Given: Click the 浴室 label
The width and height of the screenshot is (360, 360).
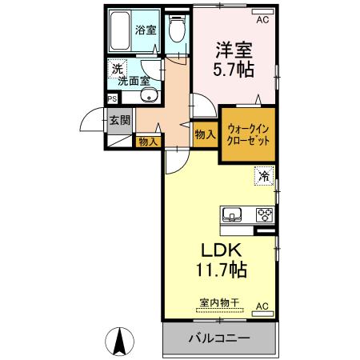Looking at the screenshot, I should [x=146, y=30].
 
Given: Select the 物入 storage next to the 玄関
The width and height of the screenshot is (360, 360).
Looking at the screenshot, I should [x=148, y=142].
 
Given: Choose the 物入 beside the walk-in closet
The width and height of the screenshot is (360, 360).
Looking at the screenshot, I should [x=205, y=135].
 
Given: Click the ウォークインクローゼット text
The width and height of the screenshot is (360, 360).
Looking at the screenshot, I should [x=247, y=134].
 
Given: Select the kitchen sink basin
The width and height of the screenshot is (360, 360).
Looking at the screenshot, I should [x=234, y=214].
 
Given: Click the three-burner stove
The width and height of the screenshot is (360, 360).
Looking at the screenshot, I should [x=263, y=214].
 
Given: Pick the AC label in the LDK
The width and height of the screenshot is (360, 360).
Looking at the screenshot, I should [x=262, y=306].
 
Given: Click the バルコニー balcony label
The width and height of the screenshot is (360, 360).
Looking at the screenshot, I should [x=218, y=338].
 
